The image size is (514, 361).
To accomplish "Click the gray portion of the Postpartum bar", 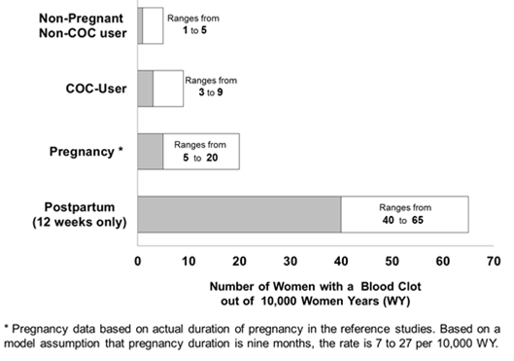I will [238, 214].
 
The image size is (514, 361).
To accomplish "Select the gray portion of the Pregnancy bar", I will [150, 152].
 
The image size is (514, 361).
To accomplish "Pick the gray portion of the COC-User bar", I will [145, 89].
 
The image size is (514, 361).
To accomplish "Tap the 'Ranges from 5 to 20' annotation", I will [202, 151].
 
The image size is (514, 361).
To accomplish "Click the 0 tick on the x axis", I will [138, 261].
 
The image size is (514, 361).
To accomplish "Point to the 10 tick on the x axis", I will [188, 261].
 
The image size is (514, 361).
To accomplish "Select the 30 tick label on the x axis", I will [290, 261].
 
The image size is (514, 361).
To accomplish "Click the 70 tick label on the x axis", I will [493, 261].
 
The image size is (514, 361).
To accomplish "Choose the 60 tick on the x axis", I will [442, 261].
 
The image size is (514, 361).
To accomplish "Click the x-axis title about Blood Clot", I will [316, 294].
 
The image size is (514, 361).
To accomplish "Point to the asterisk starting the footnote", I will [7, 325].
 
